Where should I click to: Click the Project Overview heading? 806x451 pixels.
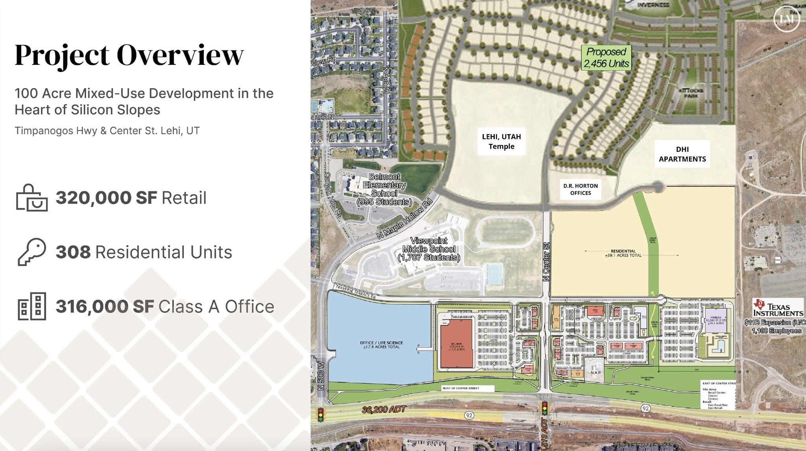pos(129,55)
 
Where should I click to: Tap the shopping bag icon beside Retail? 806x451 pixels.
pos(31,198)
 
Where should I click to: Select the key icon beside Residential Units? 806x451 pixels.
pos(31,252)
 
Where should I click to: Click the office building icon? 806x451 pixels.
pos(32,306)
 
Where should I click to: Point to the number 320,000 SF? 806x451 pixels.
pos(106,198)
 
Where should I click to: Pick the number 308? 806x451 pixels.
pos(73,252)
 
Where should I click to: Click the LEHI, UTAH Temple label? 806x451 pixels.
pos(501,142)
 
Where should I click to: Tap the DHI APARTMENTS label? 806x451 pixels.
pos(682,154)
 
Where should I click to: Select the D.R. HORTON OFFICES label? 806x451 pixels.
pos(580,190)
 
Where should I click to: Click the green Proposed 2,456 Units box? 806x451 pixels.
pos(606,58)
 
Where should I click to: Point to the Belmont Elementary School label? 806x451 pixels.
pos(384,189)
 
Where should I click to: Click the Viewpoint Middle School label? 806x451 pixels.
pos(429,249)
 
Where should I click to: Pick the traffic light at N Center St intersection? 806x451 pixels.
pos(545,408)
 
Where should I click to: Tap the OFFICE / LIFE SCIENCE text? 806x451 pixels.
pos(381,345)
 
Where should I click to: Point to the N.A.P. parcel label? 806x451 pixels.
pos(595,372)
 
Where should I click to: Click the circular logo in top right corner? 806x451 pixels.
pos(786,18)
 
